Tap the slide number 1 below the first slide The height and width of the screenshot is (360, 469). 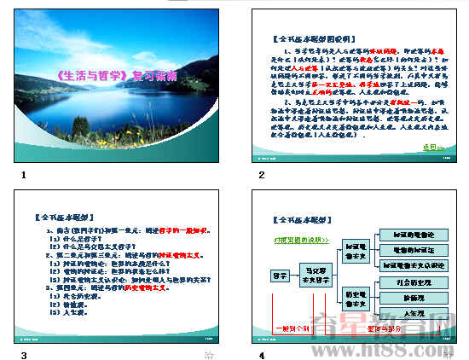pos(24,175)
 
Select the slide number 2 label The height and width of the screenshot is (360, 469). pos(263,175)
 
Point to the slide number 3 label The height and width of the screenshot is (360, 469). pos(24,355)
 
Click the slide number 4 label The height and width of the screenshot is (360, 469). pos(263,355)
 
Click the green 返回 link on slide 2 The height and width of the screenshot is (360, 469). pos(434,147)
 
